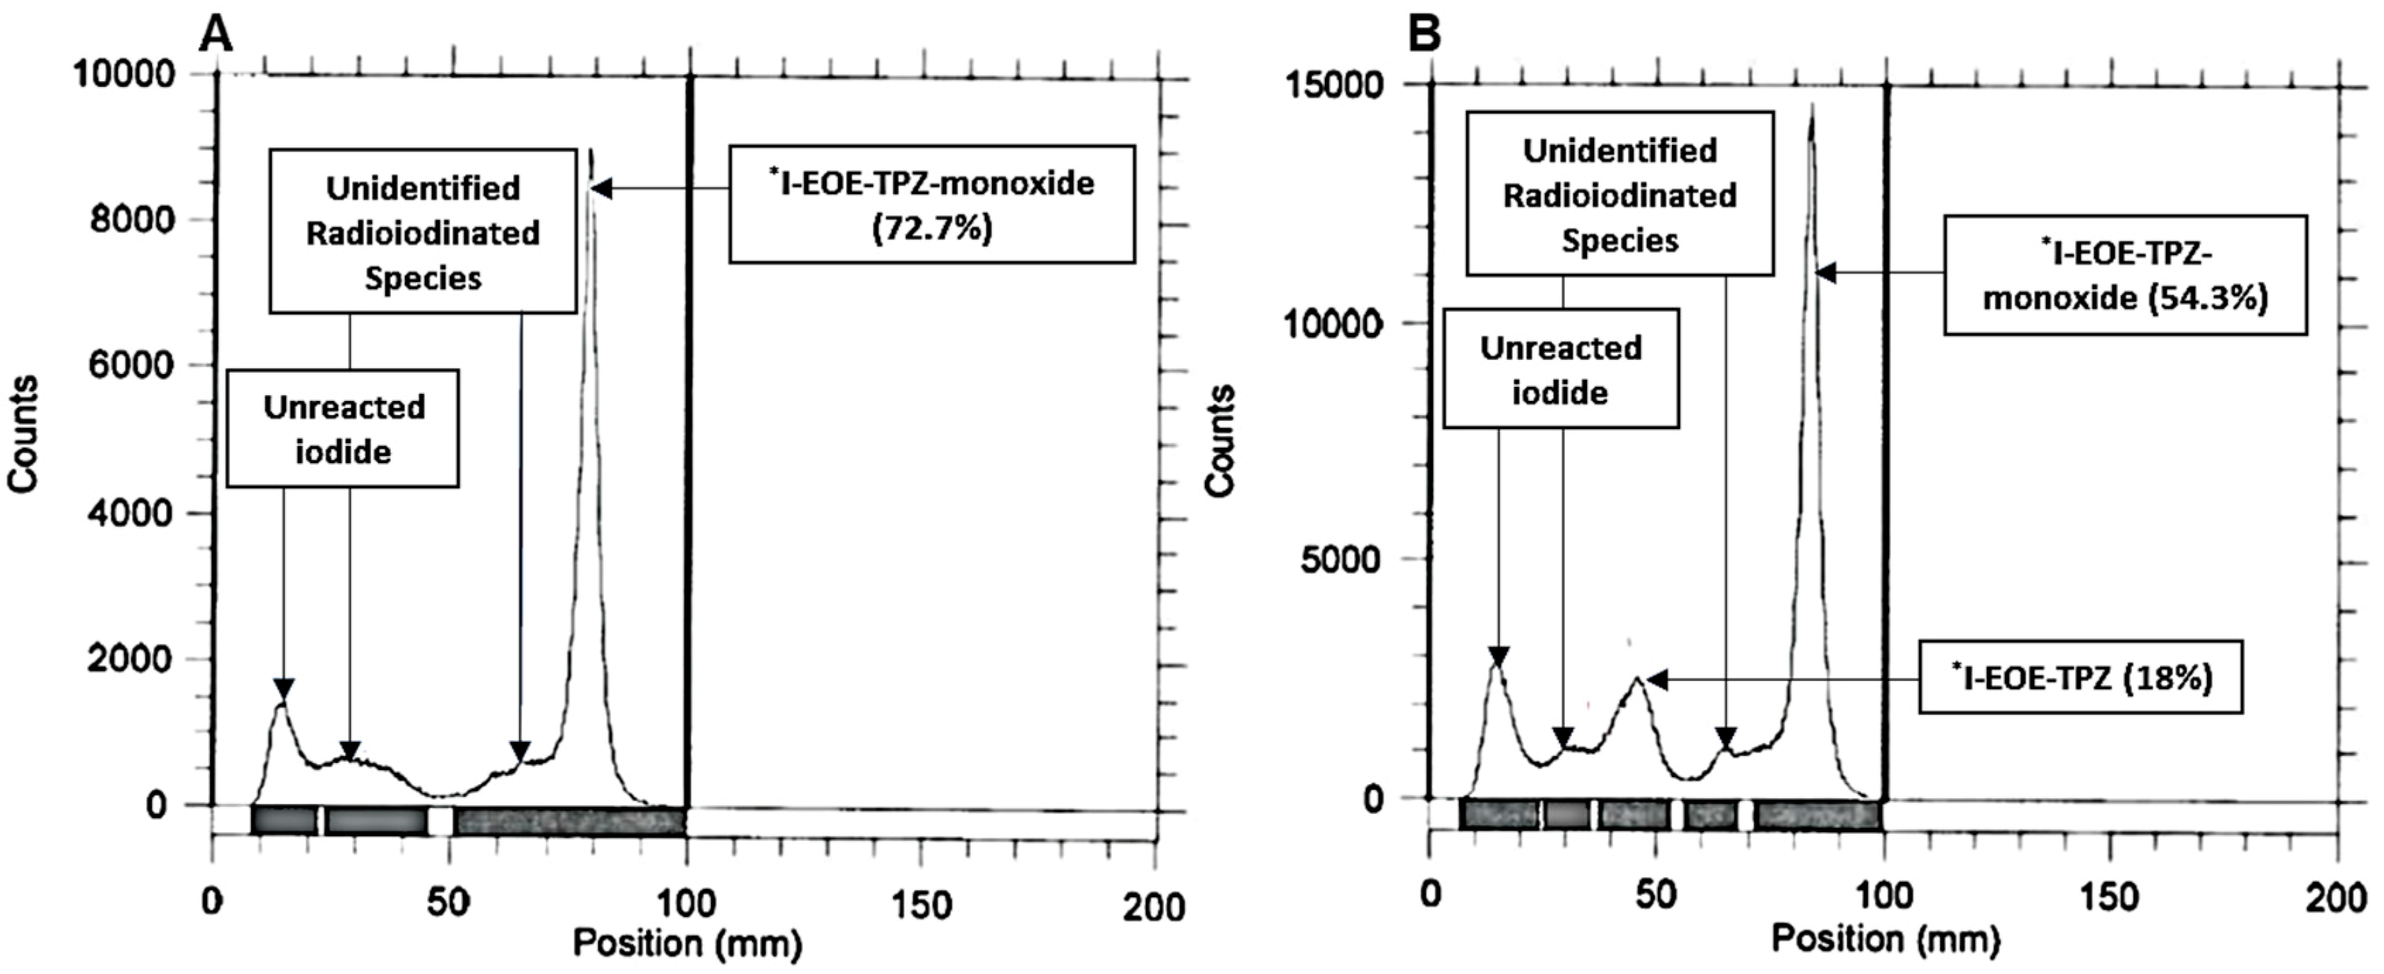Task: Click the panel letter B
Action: point(1424,35)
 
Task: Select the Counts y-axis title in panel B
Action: point(1221,440)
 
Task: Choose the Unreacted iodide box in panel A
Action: point(342,428)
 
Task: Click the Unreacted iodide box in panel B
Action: point(1561,369)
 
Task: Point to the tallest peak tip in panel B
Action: point(1811,104)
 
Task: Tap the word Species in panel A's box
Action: point(423,278)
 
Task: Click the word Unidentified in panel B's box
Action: point(1620,150)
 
